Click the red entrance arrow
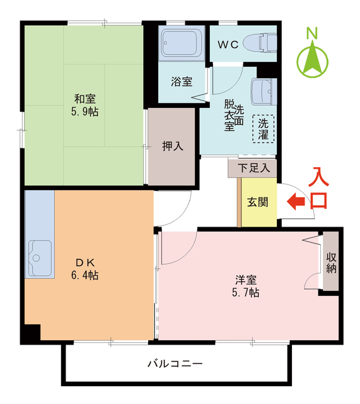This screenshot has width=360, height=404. pos(296,201)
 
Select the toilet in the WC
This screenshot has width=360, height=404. pos(260,43)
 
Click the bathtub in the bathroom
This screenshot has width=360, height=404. pos(182,43)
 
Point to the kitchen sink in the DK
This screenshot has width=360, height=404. pos(40,258)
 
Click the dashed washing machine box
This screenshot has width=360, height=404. pos(264,129)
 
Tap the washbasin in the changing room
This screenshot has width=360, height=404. pos(264,92)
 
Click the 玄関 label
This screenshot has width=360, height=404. pos(258,202)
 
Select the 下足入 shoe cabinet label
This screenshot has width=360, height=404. pos(253,169)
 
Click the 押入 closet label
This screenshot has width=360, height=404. pos(173,146)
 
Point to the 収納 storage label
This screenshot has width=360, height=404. pos(332,263)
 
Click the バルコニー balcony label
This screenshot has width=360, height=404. pos(175,364)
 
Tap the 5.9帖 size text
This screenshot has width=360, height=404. pos(84,112)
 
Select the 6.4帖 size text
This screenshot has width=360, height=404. pos(84,275)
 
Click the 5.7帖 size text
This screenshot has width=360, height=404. pos(246,293)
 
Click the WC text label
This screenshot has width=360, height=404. pos(228,45)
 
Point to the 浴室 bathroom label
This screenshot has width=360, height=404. pos(182,81)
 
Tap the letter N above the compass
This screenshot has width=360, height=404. pos(312,33)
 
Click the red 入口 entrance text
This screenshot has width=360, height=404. pos(318,188)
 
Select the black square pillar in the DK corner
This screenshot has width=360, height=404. pos(33,333)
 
